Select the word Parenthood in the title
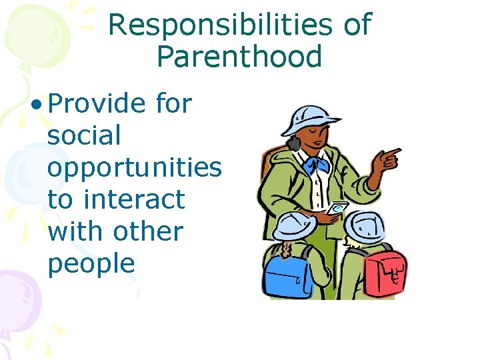(239, 57)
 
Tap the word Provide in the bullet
(97, 103)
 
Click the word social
(84, 135)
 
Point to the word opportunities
(134, 169)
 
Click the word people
(91, 265)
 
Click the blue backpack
(283, 274)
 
